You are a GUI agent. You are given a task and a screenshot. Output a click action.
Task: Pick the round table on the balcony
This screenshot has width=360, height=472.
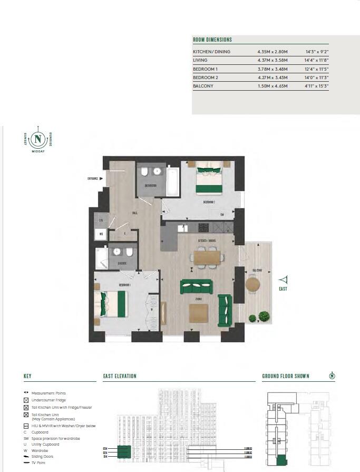253,284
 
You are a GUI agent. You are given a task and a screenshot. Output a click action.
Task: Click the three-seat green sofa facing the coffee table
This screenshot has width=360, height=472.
197,287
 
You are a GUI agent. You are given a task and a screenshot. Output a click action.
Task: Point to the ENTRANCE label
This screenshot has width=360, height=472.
93,178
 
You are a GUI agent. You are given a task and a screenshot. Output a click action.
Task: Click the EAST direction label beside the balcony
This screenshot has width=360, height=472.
283,288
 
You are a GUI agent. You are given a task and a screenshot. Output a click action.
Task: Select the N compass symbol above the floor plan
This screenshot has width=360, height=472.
37,139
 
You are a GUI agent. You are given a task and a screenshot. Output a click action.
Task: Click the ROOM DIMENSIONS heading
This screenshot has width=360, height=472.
212,40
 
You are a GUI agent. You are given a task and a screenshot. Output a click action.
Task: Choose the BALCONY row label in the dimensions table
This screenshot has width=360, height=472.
203,86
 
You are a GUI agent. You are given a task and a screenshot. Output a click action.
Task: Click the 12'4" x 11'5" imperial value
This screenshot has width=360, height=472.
317,69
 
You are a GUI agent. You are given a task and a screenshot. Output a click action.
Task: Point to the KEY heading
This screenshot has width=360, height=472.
27,376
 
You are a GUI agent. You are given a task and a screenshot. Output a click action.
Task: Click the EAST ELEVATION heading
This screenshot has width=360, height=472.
120,376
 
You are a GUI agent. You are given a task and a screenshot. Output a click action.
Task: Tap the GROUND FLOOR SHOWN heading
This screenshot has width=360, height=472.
286,376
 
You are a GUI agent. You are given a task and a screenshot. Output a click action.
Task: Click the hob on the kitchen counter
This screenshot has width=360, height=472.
203,227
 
